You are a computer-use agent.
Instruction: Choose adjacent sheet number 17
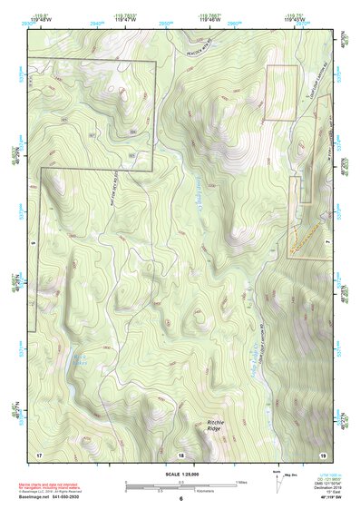coord(39,453)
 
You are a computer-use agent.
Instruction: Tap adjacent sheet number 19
coord(322,453)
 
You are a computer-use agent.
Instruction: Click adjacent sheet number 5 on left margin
coord(31,243)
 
